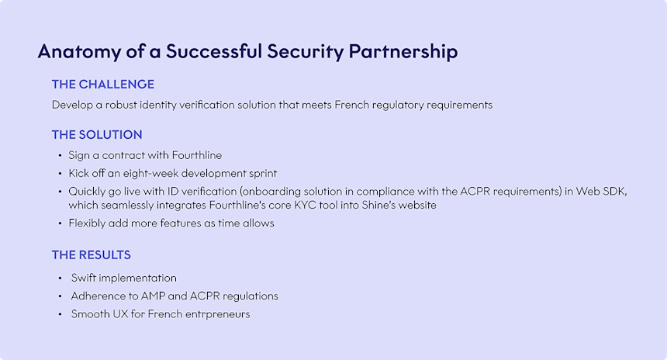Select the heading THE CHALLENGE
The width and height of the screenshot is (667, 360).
point(103,84)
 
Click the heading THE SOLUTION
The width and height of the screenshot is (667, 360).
point(97,134)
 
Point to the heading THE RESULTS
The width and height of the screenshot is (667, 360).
point(92,254)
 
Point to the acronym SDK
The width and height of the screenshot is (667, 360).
point(616,191)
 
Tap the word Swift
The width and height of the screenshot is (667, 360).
point(85,278)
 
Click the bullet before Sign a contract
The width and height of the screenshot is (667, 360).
point(60,156)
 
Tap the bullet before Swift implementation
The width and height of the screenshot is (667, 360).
point(60,278)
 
